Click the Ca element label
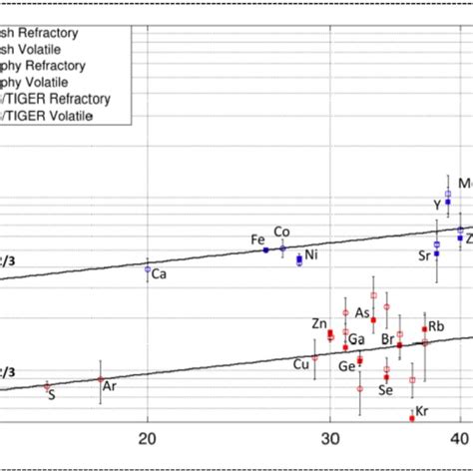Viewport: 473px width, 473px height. tap(159, 273)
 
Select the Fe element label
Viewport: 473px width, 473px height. tap(257, 239)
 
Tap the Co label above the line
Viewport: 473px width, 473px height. tap(281, 232)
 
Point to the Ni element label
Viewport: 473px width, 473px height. tap(311, 255)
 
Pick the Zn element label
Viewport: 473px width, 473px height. tap(318, 323)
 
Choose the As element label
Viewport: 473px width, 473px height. tap(362, 312)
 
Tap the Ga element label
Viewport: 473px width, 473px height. tap(356, 339)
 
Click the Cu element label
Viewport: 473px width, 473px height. tap(300, 363)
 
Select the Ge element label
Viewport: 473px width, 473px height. tap(346, 366)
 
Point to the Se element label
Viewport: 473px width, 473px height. tap(384, 390)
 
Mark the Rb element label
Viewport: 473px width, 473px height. tap(436, 326)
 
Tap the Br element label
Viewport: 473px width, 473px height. tap(388, 340)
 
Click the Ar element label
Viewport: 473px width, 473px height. tap(110, 385)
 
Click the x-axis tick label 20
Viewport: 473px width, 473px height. tap(148, 438)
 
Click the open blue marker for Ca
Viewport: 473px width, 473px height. tap(148, 268)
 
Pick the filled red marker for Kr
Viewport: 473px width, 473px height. tap(412, 418)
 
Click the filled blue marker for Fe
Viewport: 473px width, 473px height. tap(265, 249)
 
